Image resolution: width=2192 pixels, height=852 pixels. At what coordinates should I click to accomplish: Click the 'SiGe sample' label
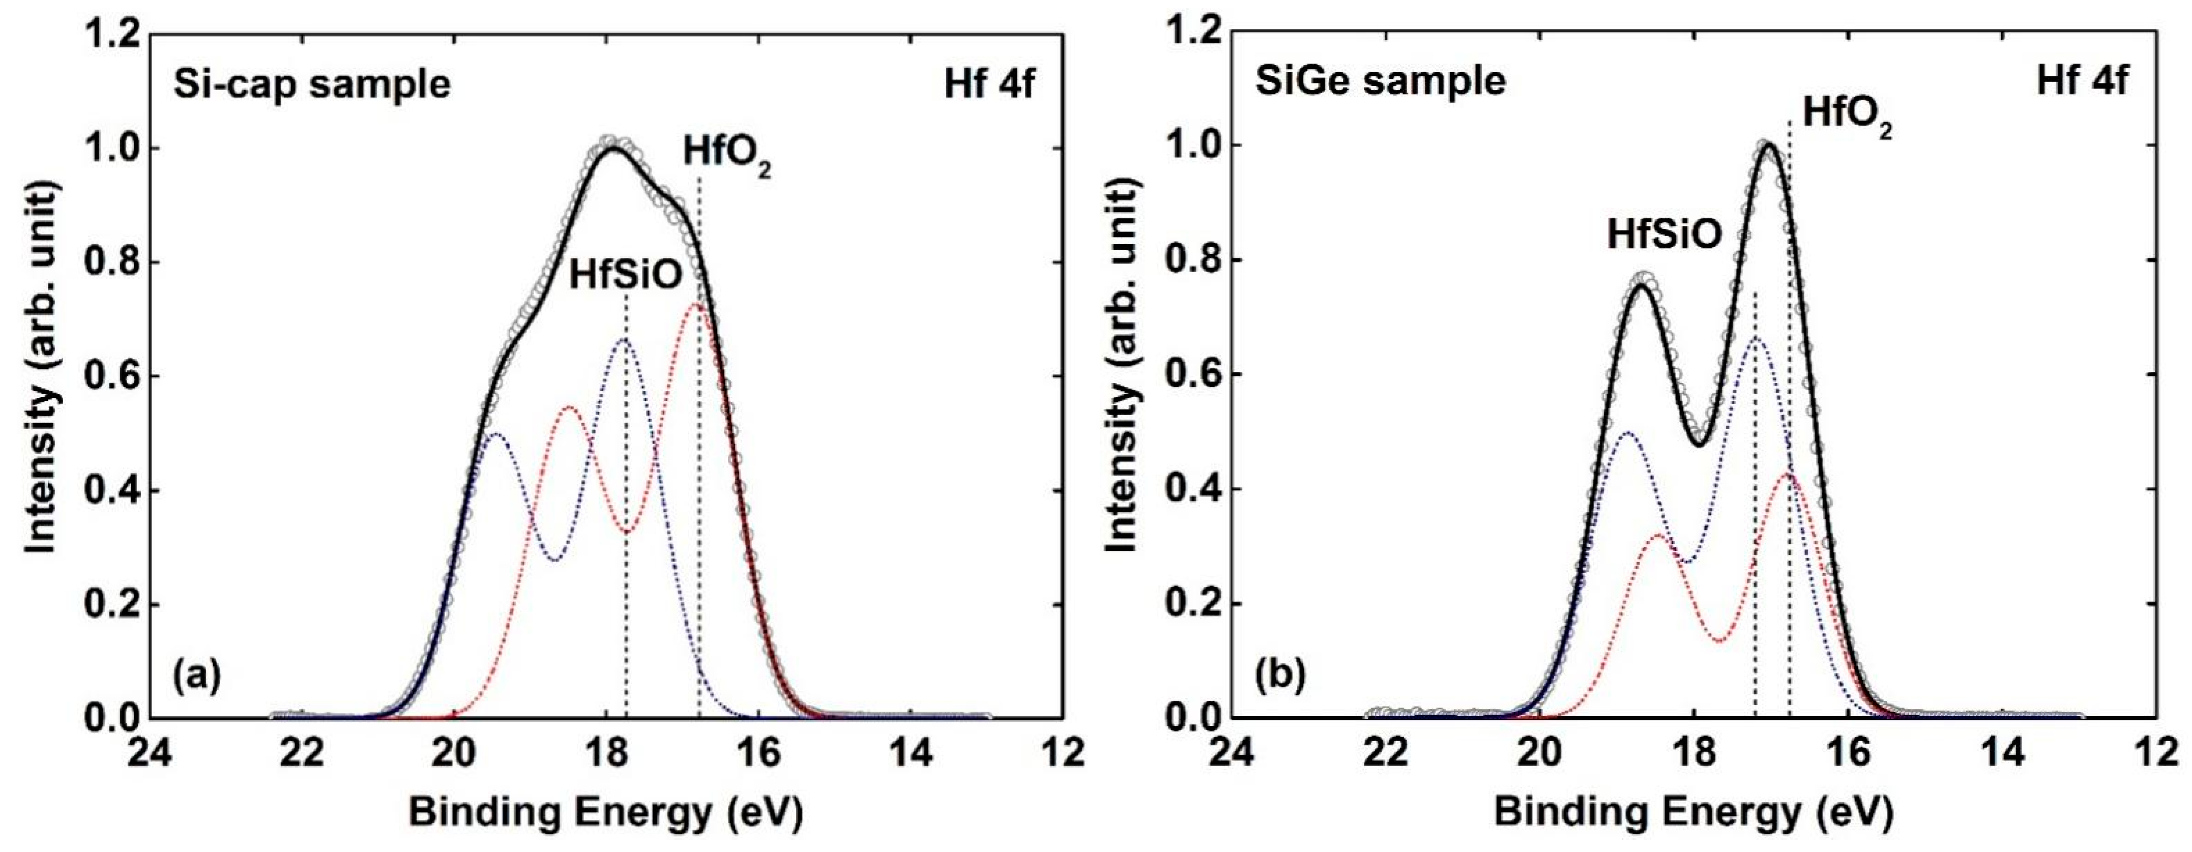click(x=1380, y=82)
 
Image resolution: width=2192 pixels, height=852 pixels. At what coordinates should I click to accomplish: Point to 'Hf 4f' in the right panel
click(x=2082, y=82)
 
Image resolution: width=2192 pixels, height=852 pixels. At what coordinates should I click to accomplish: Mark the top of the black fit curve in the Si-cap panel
click(x=612, y=150)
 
